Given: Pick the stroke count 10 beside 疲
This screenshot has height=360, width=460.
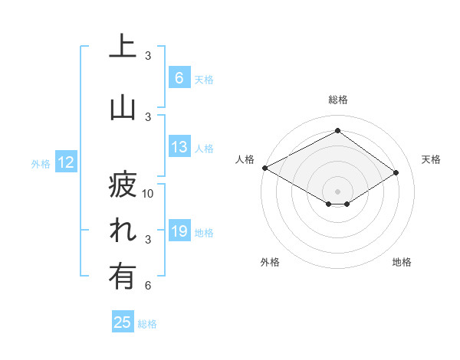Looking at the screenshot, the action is [148, 194].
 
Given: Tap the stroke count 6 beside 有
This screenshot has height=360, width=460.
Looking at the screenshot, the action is [148, 286].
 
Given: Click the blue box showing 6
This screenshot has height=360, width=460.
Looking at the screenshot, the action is [179, 78].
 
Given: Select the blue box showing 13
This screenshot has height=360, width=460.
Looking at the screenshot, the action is [179, 148].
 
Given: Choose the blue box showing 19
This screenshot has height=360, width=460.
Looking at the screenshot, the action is [179, 232].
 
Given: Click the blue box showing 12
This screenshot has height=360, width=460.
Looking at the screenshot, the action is [65, 162].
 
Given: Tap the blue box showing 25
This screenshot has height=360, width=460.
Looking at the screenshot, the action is [123, 322].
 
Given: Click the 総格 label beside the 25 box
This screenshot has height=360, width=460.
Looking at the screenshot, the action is [147, 324].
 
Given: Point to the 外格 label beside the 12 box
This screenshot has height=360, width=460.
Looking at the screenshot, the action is [41, 163].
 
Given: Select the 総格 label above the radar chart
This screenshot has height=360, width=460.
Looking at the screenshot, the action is [337, 100].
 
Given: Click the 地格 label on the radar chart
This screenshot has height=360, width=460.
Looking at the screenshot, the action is [402, 262].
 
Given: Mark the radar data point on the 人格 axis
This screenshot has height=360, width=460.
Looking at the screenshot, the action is [264, 168].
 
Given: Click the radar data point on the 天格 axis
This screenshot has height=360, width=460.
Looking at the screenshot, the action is [396, 173].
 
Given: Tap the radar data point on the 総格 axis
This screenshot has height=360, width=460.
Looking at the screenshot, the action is [337, 131].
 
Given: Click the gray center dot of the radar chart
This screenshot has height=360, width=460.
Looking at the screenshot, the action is [337, 190].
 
